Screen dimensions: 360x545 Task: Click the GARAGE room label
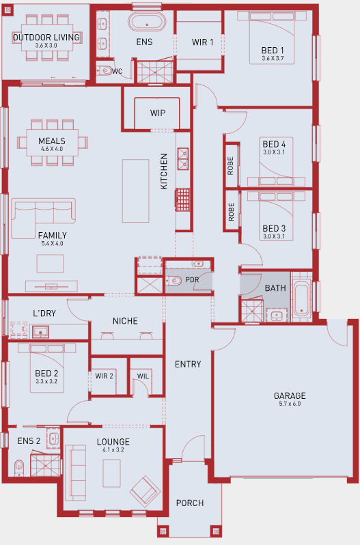(290, 395)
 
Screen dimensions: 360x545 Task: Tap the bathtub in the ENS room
(147, 22)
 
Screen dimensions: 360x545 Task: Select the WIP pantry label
(157, 113)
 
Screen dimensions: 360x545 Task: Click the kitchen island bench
(135, 191)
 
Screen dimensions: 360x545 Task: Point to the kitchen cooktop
(183, 199)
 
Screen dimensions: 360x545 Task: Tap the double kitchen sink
(183, 159)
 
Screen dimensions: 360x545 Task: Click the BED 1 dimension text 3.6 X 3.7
(273, 59)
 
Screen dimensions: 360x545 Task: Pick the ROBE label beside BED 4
(230, 166)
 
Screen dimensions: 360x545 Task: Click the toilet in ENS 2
(19, 468)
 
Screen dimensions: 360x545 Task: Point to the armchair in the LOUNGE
(146, 491)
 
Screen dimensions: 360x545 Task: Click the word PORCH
(190, 503)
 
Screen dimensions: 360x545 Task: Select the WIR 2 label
(104, 376)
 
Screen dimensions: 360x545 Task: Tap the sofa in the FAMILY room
(42, 218)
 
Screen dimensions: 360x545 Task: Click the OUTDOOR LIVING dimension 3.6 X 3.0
(46, 46)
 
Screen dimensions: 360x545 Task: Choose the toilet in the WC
(105, 71)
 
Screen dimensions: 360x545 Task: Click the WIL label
(143, 376)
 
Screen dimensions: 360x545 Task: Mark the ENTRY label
(188, 364)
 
